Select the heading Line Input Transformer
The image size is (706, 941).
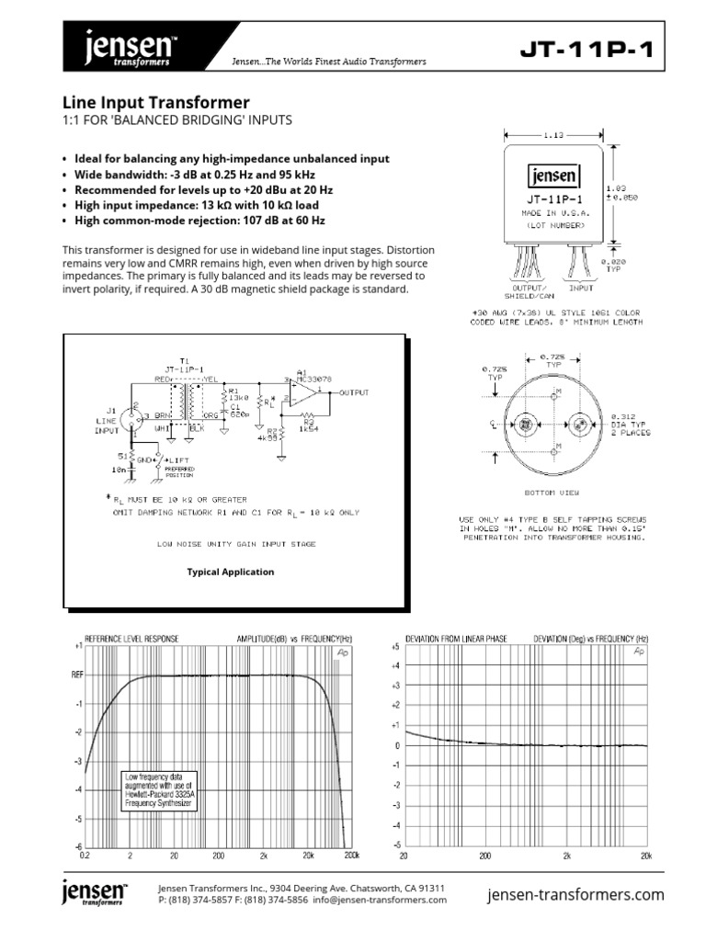[x=155, y=103]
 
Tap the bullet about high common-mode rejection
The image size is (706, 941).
[x=199, y=221]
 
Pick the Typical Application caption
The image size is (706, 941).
[x=231, y=572]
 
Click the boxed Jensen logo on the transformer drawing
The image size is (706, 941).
[x=552, y=176]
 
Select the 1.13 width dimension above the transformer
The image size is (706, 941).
[x=552, y=135]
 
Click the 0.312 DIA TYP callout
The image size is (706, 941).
[x=630, y=423]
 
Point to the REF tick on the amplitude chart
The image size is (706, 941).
[x=77, y=675]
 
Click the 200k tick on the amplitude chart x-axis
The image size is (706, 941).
[x=350, y=855]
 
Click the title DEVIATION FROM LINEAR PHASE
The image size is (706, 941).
[x=456, y=637]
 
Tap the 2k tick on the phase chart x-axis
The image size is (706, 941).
[x=566, y=855]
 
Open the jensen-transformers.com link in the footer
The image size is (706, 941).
[x=575, y=894]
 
